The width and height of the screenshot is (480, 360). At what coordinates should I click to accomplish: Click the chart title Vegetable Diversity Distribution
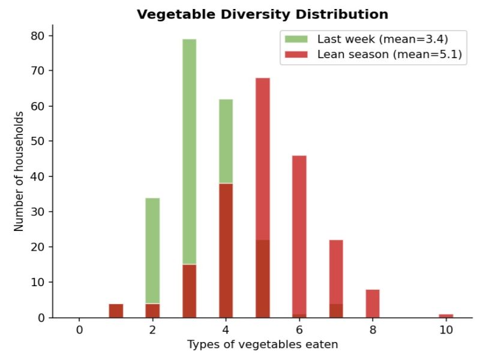point(262,14)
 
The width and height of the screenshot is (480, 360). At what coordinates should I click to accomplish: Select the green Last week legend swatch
point(296,40)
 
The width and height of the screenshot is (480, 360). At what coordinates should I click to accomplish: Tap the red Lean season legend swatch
point(296,54)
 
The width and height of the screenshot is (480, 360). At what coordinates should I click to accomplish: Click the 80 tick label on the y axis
point(37,35)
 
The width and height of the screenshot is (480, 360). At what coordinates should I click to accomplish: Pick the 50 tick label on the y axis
point(37,141)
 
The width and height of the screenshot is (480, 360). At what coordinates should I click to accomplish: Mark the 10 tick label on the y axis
point(37,282)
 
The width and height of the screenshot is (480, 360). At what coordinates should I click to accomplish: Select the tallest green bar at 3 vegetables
point(189,150)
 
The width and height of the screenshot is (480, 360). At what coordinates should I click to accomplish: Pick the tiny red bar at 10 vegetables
point(446,316)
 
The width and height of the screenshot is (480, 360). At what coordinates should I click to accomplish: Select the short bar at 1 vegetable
point(116,311)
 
